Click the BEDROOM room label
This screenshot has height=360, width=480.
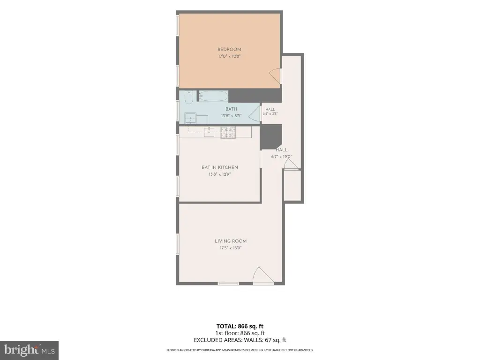click(x=229, y=49)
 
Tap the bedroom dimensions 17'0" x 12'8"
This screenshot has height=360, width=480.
click(x=229, y=56)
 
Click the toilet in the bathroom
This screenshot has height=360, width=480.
click(x=188, y=97)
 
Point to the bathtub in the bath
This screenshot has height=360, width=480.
click(x=213, y=96)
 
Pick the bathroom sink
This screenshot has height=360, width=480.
click(x=190, y=118)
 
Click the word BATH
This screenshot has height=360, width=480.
click(x=231, y=109)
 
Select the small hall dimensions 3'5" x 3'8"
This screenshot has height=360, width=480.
click(x=270, y=113)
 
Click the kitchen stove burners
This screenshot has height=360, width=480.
click(x=228, y=132)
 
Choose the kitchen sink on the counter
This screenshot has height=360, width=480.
click(x=209, y=132)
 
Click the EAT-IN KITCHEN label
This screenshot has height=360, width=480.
click(x=219, y=167)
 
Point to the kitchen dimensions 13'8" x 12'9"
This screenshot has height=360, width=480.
click(x=219, y=174)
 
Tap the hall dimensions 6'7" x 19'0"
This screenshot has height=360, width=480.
click(x=281, y=157)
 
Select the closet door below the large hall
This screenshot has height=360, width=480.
click(x=291, y=165)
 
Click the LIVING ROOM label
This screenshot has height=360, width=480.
click(x=231, y=241)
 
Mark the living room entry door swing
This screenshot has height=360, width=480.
click(x=263, y=275)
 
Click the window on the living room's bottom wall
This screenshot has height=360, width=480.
click(x=228, y=284)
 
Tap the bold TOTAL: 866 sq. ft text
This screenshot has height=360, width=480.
click(x=240, y=326)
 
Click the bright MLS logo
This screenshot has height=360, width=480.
click(x=29, y=350)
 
